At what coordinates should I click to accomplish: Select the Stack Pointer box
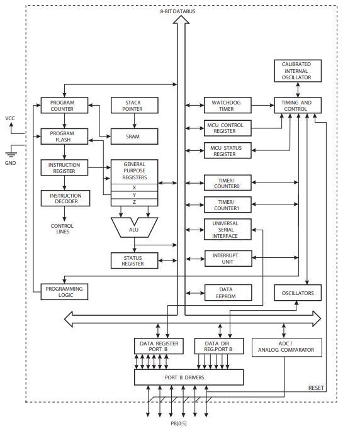(133, 105)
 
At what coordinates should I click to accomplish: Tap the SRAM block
(133, 135)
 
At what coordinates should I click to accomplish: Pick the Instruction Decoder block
(65, 198)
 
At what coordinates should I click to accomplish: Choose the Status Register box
(133, 260)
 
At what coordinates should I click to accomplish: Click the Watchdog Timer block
(227, 105)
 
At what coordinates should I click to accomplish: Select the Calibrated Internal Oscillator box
(297, 70)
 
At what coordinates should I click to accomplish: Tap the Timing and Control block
(297, 105)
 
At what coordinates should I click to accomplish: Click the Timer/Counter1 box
(227, 204)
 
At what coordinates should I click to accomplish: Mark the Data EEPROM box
(227, 293)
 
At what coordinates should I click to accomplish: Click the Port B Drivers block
(189, 377)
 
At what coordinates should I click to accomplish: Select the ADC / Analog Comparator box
(286, 347)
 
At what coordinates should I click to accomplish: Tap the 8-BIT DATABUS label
(181, 11)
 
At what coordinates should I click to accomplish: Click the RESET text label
(316, 388)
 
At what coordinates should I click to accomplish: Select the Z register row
(133, 202)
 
